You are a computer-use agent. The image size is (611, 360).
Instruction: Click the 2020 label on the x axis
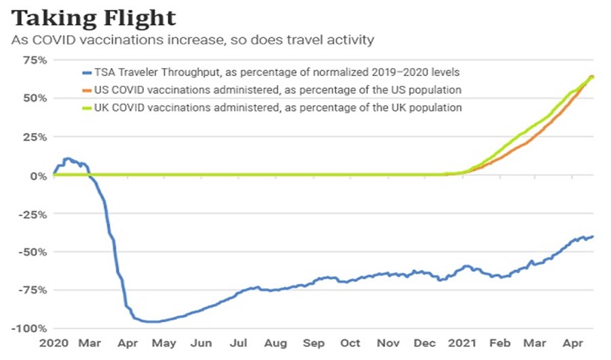(54, 343)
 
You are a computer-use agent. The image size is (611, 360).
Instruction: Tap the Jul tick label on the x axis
(239, 343)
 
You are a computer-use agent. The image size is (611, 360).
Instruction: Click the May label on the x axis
(164, 343)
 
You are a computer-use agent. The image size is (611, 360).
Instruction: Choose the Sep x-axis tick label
(314, 343)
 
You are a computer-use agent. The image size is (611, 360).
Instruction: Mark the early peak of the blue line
(67, 159)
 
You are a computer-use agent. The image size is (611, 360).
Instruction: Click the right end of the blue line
(593, 236)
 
